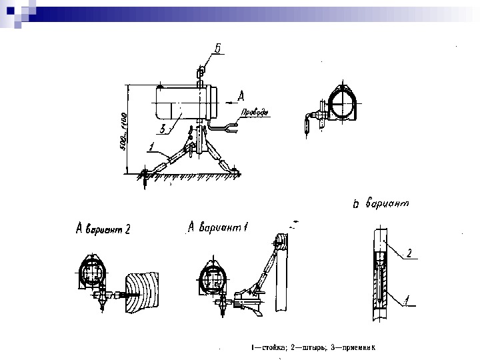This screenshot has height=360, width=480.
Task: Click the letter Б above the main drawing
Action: tap(218, 47)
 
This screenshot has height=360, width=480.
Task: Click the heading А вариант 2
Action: tap(103, 229)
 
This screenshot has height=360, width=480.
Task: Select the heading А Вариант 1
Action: tap(218, 227)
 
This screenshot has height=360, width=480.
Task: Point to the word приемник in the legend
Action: tap(360, 347)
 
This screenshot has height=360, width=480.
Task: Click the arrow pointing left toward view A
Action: tap(229, 98)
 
